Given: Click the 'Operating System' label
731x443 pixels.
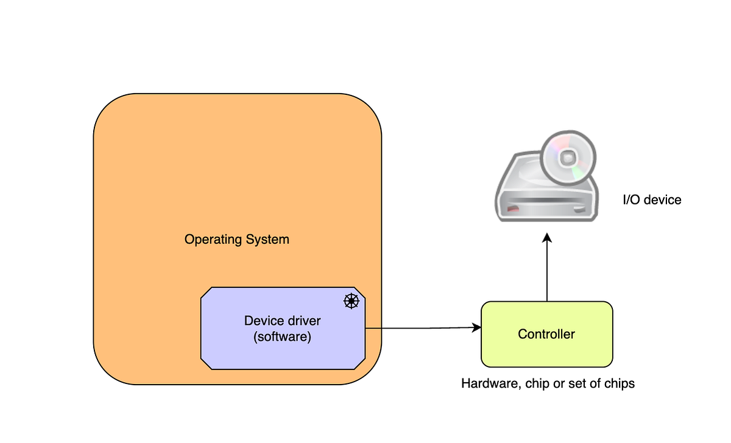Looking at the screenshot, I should click(237, 239).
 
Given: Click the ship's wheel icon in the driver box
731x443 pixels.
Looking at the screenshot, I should click(351, 301).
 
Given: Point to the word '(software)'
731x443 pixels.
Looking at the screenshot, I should click(282, 337).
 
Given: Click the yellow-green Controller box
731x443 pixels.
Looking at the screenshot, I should click(546, 353).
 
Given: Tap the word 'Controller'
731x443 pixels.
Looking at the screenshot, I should click(546, 334).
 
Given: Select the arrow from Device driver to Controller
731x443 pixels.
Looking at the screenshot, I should click(420, 329).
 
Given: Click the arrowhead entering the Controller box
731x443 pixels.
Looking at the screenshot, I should click(476, 328).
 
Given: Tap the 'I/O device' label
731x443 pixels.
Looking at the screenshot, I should click(651, 200).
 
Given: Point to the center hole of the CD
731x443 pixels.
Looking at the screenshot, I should click(567, 158).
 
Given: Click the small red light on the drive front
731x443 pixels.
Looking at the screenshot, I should click(514, 209).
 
